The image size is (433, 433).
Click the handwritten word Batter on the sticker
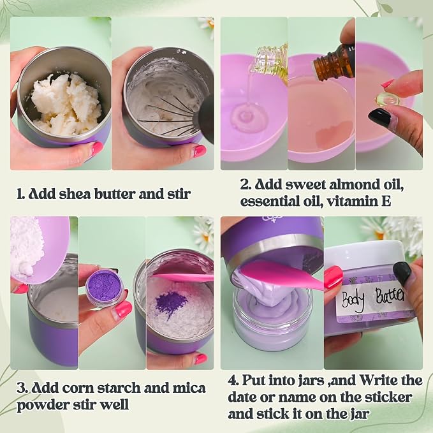390,296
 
